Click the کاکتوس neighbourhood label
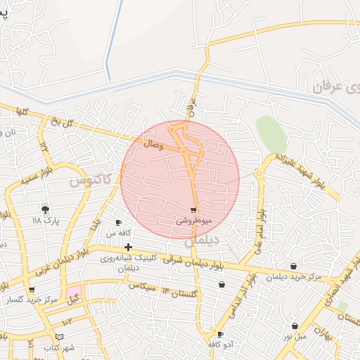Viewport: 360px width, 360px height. [x=91, y=180]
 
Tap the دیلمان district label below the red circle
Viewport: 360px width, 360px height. [x=202, y=240]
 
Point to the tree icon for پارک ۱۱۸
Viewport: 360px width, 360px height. [x=46, y=209]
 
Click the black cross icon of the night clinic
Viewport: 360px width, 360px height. [x=128, y=247]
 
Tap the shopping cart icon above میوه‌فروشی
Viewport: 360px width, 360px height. [x=193, y=210]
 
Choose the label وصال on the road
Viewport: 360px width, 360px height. [x=154, y=145]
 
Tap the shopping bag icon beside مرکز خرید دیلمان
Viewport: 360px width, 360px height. [x=293, y=266]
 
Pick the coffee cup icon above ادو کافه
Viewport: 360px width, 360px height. [x=221, y=335]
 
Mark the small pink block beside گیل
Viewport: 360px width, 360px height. [x=75, y=290]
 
